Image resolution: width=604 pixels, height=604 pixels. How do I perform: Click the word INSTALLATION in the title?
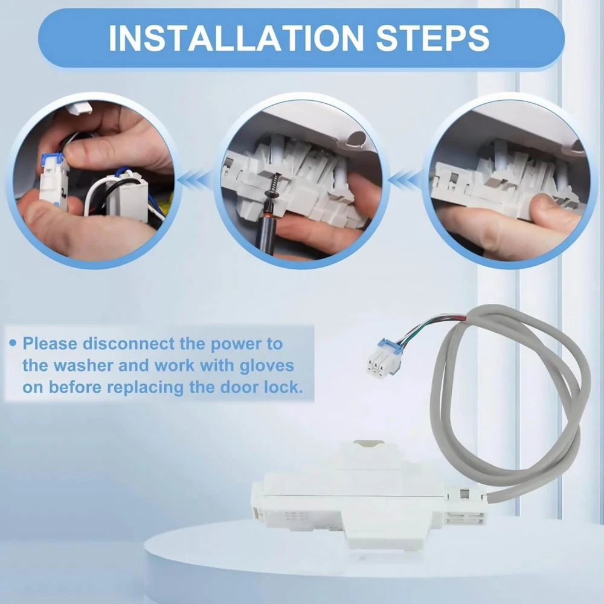point(236,37)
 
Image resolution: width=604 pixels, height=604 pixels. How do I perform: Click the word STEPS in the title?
point(432,37)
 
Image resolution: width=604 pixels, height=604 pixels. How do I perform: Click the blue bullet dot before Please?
point(13,342)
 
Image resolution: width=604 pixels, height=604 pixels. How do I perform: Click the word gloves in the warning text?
point(266,366)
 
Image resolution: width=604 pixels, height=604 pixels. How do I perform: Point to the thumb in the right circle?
point(555,212)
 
